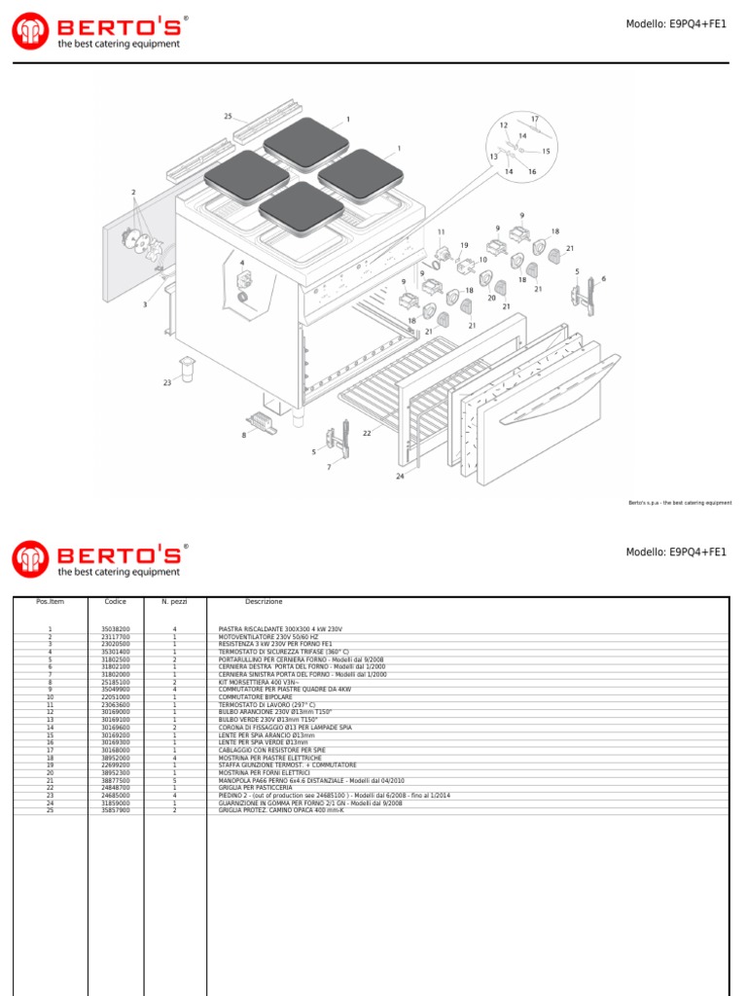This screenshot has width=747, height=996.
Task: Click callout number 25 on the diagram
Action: [x=229, y=117]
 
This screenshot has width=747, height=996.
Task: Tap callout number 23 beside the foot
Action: [x=167, y=383]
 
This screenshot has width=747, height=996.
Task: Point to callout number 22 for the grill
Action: [x=367, y=433]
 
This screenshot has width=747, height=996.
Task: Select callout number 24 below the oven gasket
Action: [x=399, y=477]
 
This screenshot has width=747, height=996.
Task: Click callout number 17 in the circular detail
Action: [x=534, y=119]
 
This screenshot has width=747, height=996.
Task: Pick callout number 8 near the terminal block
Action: [x=244, y=435]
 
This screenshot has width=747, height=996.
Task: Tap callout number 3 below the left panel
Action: [x=145, y=304]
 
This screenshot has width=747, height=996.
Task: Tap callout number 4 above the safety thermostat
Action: [x=242, y=263]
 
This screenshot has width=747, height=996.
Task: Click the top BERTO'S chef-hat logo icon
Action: [x=29, y=31]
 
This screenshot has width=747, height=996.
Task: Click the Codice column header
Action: [x=116, y=602]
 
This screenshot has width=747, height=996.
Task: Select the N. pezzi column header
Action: [x=174, y=602]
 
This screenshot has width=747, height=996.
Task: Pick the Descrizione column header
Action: [x=264, y=602]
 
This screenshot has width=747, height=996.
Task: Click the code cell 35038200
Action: [x=116, y=629]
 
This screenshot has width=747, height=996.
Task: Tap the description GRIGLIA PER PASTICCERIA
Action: [x=254, y=788]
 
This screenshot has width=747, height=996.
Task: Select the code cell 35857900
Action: [x=116, y=810]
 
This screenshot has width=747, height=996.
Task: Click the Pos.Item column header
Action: [x=50, y=602]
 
